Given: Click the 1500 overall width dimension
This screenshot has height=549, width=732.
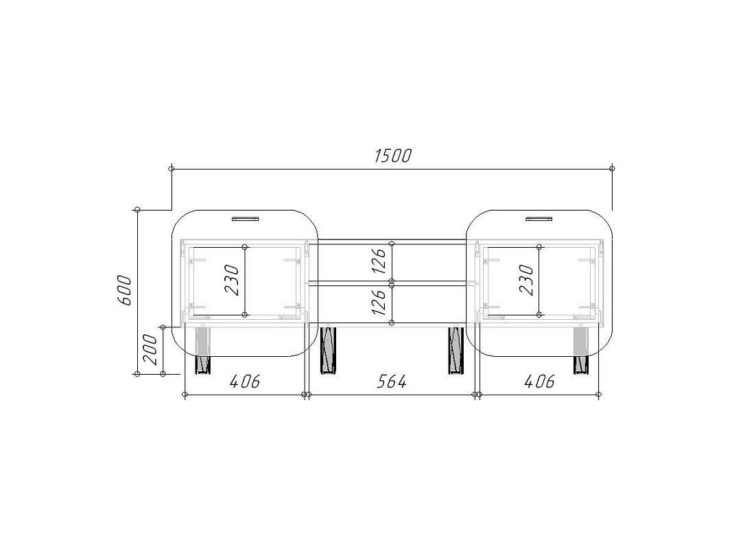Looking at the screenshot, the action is click(392, 156).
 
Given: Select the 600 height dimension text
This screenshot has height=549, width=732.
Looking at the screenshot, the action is click(124, 290).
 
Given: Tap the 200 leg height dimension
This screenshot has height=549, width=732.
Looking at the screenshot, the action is click(150, 349).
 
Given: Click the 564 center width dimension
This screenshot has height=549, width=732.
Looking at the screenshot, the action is click(392, 382).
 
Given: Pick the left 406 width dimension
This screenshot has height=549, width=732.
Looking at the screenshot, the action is click(245, 382).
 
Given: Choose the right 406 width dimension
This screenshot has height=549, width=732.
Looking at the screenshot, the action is click(540, 382).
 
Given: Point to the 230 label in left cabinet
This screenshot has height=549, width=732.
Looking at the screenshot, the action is click(232, 280).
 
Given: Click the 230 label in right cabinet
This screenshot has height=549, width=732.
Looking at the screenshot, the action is click(526, 280).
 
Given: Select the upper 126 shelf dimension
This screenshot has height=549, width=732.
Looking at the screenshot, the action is click(379, 261).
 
